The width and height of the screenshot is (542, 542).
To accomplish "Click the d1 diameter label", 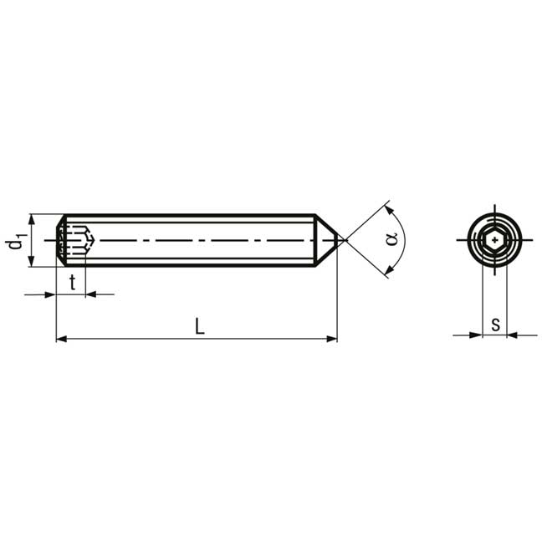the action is tap(16, 240).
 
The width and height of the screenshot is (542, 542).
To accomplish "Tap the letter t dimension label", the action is tap(72, 283).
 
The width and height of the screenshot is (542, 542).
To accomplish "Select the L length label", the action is tap(200, 326).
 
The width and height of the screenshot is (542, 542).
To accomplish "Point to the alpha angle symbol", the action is tap(391, 239).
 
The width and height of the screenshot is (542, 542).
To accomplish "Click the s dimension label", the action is tap(496, 325).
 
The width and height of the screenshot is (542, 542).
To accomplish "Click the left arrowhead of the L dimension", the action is tap(61, 339).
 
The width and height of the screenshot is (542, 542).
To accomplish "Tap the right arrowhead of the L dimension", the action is tap(332, 339).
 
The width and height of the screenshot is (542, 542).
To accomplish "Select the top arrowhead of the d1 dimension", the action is tap(32, 219).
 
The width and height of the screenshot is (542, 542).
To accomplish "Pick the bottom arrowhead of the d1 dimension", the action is tap(32, 261).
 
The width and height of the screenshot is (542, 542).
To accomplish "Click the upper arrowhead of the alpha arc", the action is tap(389, 210).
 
